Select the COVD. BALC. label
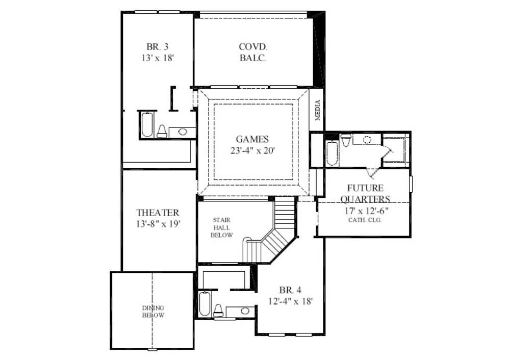[x=252, y=52]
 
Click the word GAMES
[x=252, y=139]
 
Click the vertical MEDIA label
[x=317, y=110]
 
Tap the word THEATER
[x=158, y=213]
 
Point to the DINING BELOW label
[x=153, y=312]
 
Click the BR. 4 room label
[x=290, y=290]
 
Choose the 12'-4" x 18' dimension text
[x=290, y=301]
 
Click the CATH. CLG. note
[x=365, y=220]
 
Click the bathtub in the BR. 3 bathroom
[x=147, y=124]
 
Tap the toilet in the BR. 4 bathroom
[x=218, y=309]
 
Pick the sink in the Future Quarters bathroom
[x=367, y=139]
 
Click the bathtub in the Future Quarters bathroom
[x=331, y=153]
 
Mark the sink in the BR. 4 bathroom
[x=245, y=311]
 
